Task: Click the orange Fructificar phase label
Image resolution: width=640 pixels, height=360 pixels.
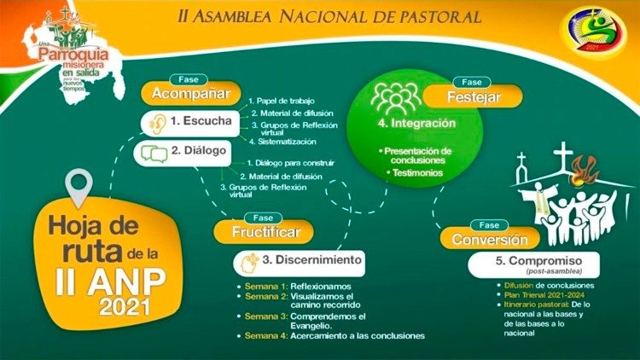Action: point(262,231)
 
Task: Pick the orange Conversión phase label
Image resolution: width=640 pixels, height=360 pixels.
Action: point(490,239)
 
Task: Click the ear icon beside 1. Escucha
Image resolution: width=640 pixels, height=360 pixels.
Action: point(155,121)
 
